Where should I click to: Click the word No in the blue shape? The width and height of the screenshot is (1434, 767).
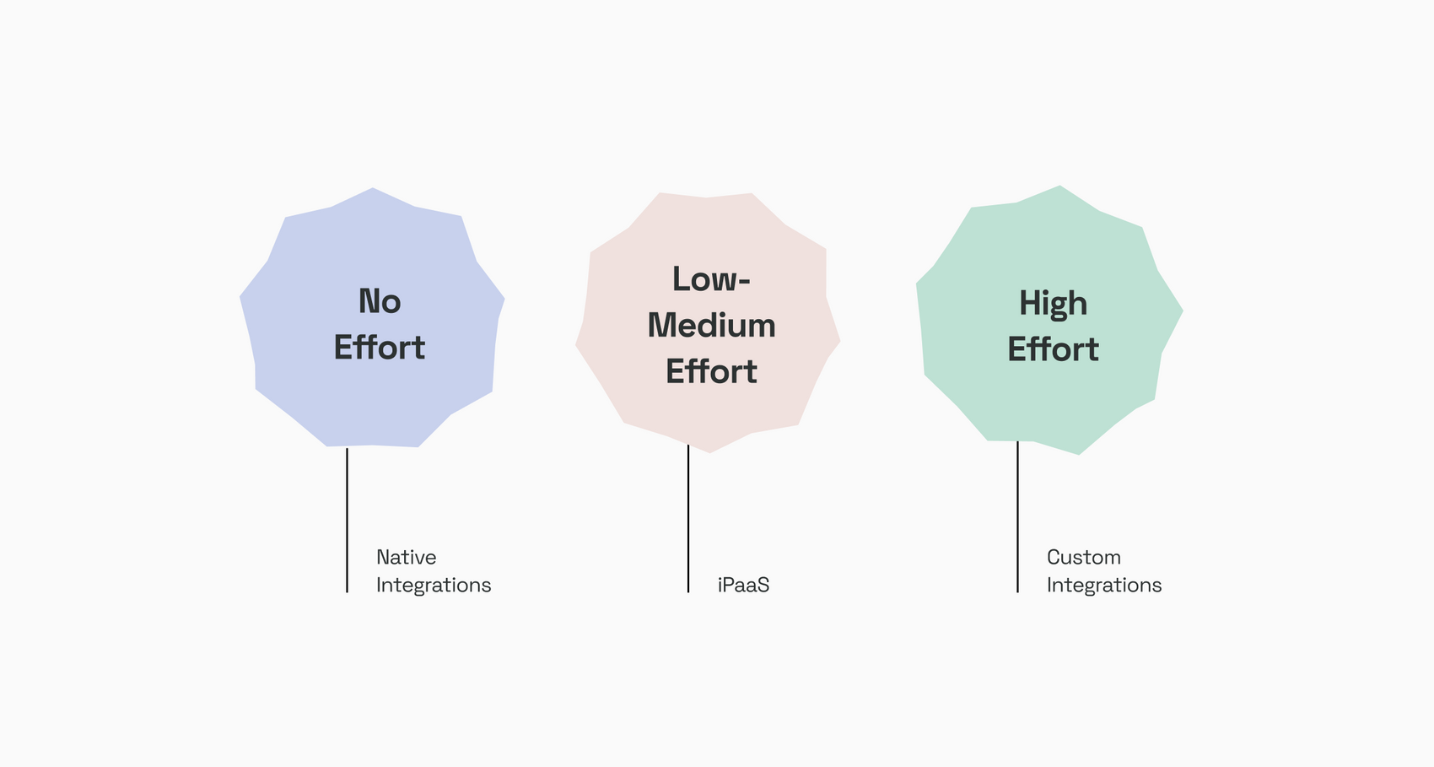pyautogui.click(x=380, y=301)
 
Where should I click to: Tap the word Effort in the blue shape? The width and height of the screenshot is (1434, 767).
pyautogui.click(x=379, y=347)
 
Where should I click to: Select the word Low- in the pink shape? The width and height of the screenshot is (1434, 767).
pyautogui.click(x=710, y=279)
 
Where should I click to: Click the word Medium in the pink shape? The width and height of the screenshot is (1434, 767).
pyautogui.click(x=711, y=325)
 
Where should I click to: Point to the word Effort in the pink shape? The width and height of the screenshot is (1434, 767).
pyautogui.click(x=711, y=371)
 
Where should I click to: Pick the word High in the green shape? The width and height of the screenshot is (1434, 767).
pyautogui.click(x=1053, y=305)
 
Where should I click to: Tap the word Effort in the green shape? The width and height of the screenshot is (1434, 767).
pyautogui.click(x=1053, y=349)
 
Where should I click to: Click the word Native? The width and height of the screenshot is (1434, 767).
pyautogui.click(x=406, y=557)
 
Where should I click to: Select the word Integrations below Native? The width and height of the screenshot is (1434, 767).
pyautogui.click(x=434, y=586)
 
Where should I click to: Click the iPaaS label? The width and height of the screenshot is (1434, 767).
pyautogui.click(x=743, y=585)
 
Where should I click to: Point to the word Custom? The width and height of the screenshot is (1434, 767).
pyautogui.click(x=1084, y=557)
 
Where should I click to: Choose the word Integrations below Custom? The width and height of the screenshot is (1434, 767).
pyautogui.click(x=1104, y=586)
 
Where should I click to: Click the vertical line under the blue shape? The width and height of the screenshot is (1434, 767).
pyautogui.click(x=347, y=520)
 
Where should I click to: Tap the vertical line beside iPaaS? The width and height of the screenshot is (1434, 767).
pyautogui.click(x=688, y=519)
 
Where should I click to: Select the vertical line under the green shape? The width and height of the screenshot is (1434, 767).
pyautogui.click(x=1017, y=516)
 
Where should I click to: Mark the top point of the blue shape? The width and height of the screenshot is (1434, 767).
pyautogui.click(x=373, y=188)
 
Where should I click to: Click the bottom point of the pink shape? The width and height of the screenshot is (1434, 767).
pyautogui.click(x=709, y=452)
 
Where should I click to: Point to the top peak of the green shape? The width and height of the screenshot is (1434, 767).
pyautogui.click(x=1059, y=186)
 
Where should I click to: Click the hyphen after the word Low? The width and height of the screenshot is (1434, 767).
pyautogui.click(x=744, y=282)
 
